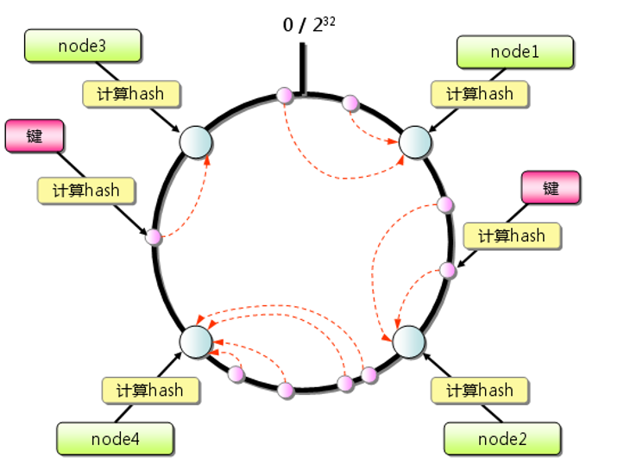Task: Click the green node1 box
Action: pos(514,52)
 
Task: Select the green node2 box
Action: pos(501,438)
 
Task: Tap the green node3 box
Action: pos(82,46)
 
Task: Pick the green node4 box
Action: pos(115,438)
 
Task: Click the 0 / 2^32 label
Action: pos(308,24)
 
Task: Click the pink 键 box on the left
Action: pos(35,137)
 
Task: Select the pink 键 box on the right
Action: pos(551,188)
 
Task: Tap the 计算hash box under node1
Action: pos(479,94)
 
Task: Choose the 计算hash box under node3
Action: pos(133,93)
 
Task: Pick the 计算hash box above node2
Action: pos(479,390)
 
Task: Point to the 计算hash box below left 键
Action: pos(87,190)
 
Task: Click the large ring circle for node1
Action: pos(415,141)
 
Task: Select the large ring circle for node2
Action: pos(408,341)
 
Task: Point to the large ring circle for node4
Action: pos(196,341)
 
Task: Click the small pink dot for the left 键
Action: pos(154,236)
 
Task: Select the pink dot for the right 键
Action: pos(447,270)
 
